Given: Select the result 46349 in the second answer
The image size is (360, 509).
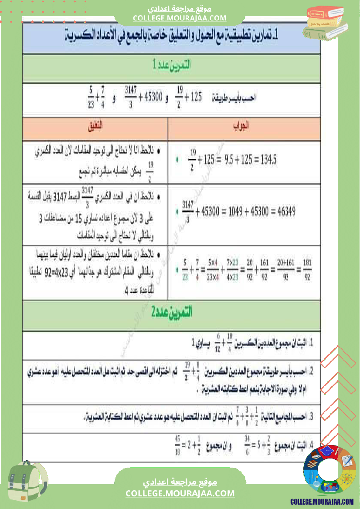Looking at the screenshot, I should (282, 212).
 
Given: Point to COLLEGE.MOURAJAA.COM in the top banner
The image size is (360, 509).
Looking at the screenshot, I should (180, 18).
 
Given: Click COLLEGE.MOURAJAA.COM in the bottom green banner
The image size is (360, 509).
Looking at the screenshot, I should (180, 493).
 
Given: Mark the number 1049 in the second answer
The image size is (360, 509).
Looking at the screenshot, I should (232, 212).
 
